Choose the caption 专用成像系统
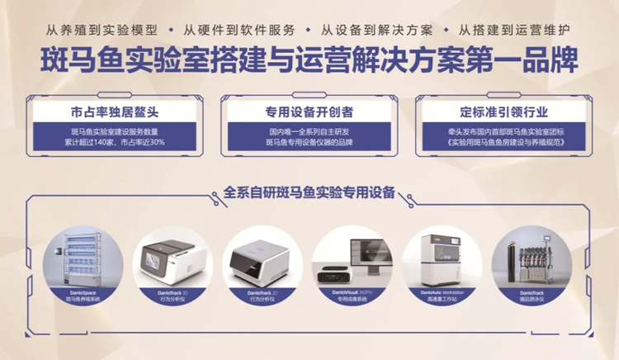click(352, 300)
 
